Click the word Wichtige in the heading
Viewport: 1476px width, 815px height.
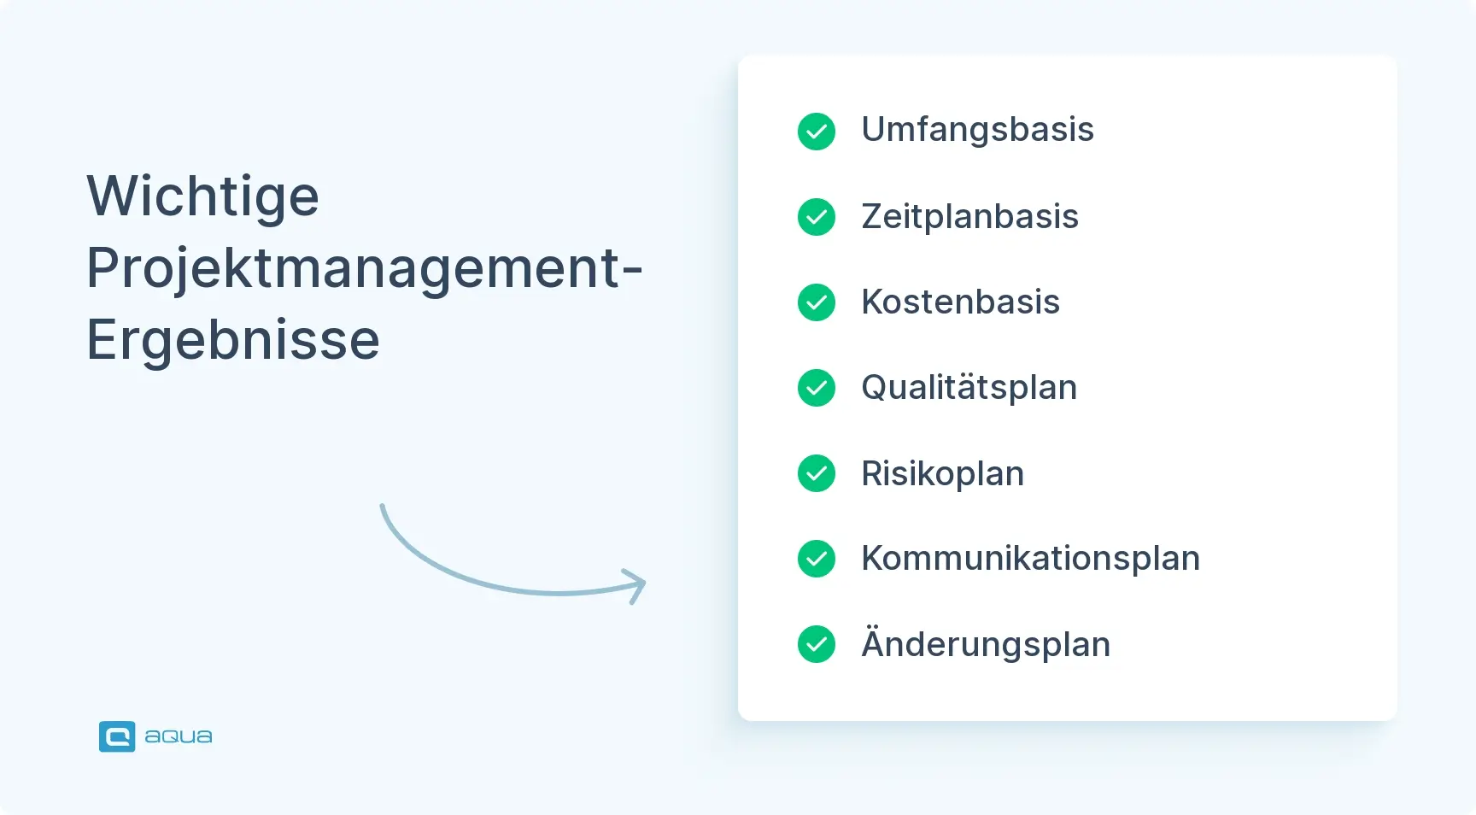[x=203, y=197]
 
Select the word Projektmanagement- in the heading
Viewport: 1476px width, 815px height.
[x=365, y=269]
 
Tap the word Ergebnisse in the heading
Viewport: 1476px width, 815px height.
[x=233, y=340]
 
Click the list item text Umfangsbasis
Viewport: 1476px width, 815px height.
[x=977, y=130]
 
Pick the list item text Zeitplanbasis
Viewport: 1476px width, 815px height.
[x=969, y=216]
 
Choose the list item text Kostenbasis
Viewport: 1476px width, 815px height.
[x=960, y=302]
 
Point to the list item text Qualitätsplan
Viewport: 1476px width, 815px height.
[x=969, y=388]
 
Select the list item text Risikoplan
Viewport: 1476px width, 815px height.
[x=942, y=473]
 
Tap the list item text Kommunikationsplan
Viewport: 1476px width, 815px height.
[x=1030, y=559]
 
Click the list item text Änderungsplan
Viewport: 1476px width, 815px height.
[x=986, y=643]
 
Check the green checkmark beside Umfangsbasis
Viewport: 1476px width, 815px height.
[x=817, y=132]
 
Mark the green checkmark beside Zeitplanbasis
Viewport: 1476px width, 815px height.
[x=817, y=217]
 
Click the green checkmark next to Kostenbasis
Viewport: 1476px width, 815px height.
[x=817, y=302]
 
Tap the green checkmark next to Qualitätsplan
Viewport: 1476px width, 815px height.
[x=817, y=388]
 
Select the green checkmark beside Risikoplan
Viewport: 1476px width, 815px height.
[x=817, y=473]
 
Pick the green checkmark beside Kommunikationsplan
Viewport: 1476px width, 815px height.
[x=817, y=559]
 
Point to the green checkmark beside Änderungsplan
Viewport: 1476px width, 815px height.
[x=817, y=644]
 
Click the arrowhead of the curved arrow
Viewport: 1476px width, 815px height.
[x=637, y=585]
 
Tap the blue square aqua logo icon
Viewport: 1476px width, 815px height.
[x=117, y=736]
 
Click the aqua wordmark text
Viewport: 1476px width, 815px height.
[x=179, y=736]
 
